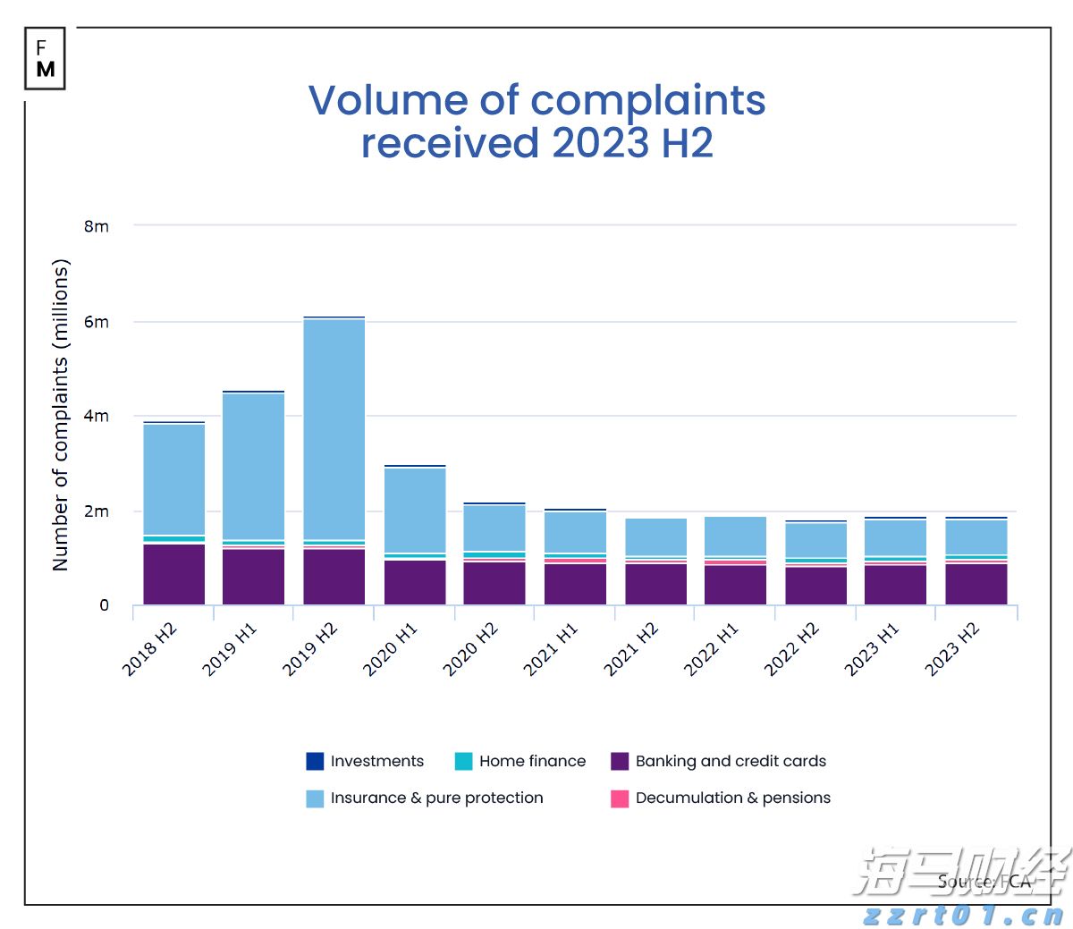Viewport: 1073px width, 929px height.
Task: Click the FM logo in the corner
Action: [45, 58]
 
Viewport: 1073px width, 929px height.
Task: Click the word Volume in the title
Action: [387, 100]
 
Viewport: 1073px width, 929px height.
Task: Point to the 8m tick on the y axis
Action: [97, 226]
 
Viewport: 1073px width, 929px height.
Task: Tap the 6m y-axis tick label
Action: [97, 322]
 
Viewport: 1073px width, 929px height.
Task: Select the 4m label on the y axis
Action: [97, 416]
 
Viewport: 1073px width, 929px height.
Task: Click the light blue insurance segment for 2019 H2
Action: [334, 429]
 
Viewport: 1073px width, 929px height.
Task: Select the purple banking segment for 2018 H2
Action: [173, 574]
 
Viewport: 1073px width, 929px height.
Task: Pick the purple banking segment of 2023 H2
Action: [976, 584]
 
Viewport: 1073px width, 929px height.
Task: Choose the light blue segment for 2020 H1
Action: [414, 510]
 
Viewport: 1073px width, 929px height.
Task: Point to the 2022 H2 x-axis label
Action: [791, 649]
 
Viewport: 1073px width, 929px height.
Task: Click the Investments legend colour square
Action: [315, 762]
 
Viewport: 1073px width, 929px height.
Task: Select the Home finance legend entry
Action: [532, 762]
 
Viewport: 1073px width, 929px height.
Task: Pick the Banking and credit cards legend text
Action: [731, 762]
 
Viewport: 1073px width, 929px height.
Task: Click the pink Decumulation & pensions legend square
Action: [620, 798]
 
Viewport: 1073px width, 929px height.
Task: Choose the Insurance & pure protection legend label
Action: [436, 798]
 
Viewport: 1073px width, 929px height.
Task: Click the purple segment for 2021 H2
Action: [655, 584]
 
